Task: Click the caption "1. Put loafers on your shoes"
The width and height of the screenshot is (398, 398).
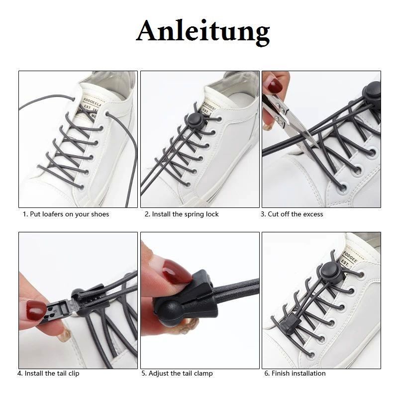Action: [66, 214]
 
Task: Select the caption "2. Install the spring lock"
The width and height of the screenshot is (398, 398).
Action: [182, 214]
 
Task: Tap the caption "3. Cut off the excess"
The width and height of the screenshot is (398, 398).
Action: [292, 214]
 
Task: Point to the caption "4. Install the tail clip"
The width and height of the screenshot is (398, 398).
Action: [48, 374]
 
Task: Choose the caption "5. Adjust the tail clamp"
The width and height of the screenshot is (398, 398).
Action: [177, 374]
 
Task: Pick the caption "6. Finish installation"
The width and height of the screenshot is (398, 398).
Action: [295, 374]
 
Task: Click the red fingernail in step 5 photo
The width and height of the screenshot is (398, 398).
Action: [176, 272]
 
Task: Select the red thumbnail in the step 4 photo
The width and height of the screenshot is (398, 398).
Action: [35, 311]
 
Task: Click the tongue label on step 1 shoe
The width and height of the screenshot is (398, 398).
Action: [91, 106]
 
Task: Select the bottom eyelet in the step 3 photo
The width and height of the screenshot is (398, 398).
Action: [343, 188]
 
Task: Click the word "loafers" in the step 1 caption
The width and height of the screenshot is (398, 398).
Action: [53, 214]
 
